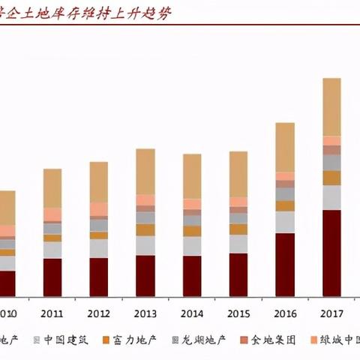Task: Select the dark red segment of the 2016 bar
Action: tap(285, 264)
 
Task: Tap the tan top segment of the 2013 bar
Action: tap(145, 171)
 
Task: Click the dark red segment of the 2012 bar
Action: tap(98, 277)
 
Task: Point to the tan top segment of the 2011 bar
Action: tap(52, 187)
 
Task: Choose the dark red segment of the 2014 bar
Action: tap(192, 275)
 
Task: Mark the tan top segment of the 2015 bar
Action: tap(238, 174)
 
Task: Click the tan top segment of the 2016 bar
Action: tap(285, 147)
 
